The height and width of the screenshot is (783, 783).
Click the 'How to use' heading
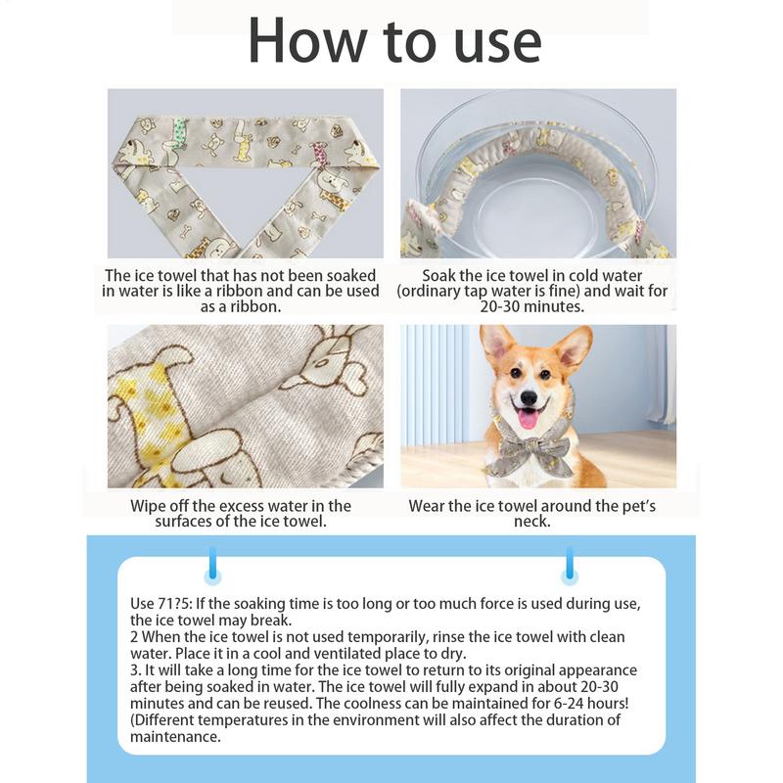[393, 41]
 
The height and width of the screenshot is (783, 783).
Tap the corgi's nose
[530, 398]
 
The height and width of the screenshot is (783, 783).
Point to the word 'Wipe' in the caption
[149, 506]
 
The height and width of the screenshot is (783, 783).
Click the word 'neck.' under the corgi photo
[532, 522]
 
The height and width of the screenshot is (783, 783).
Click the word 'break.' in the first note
[271, 620]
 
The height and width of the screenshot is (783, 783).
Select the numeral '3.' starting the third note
[136, 670]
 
